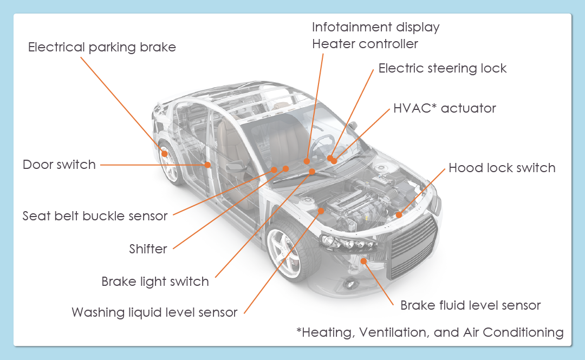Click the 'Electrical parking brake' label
pyautogui.click(x=102, y=48)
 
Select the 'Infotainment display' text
pyautogui.click(x=376, y=27)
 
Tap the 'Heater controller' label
pyautogui.click(x=365, y=44)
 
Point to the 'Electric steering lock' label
pyautogui.click(x=443, y=68)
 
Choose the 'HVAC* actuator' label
pyautogui.click(x=445, y=108)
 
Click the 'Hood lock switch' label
pyautogui.click(x=502, y=168)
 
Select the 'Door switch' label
pyautogui.click(x=59, y=165)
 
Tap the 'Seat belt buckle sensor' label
pyautogui.click(x=95, y=216)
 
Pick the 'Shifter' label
pyautogui.click(x=148, y=249)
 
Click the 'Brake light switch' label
pyautogui.click(x=155, y=282)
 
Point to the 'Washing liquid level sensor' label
pyautogui.click(x=154, y=312)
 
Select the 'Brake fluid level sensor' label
pyautogui.click(x=471, y=305)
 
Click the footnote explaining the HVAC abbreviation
pyautogui.click(x=430, y=332)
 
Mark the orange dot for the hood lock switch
pyautogui.click(x=399, y=215)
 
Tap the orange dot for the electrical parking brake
pyautogui.click(x=164, y=154)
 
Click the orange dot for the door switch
pyautogui.click(x=207, y=165)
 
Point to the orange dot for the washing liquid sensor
pyautogui.click(x=321, y=211)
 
